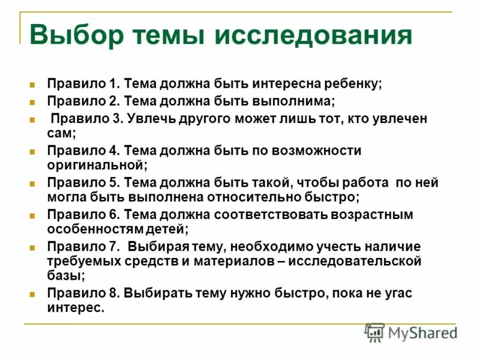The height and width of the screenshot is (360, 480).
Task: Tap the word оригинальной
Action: pyautogui.click(x=95, y=164)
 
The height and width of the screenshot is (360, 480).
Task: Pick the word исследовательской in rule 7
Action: pyautogui.click(x=355, y=261)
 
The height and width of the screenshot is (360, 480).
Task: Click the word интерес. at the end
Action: pyautogui.click(x=76, y=308)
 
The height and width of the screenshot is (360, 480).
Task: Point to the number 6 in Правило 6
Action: pyautogui.click(x=116, y=214)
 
